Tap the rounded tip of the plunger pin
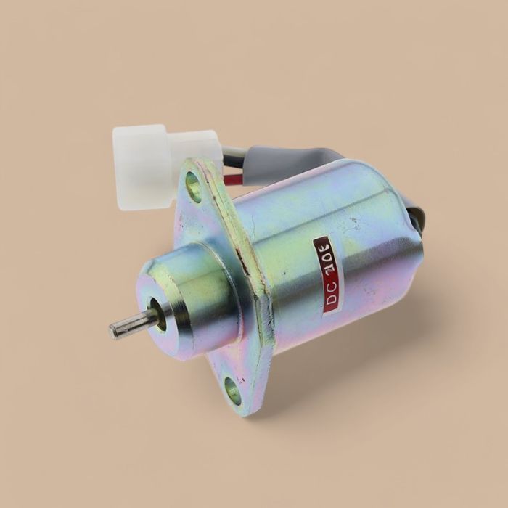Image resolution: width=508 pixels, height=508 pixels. click(115, 332)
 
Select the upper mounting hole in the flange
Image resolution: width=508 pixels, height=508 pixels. click(194, 186)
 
